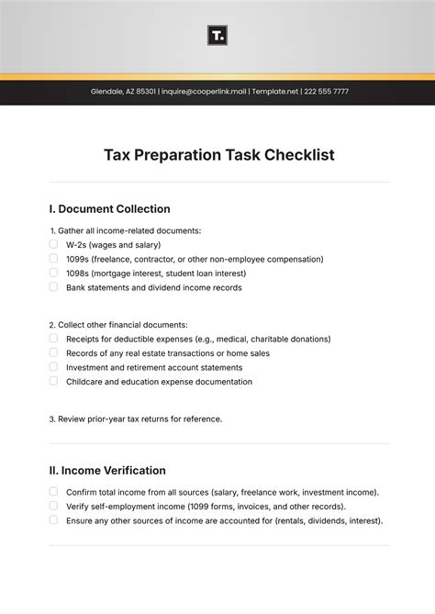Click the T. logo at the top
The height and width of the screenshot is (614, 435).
217,36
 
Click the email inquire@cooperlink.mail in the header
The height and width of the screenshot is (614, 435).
204,92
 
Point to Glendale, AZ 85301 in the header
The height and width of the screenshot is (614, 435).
123,92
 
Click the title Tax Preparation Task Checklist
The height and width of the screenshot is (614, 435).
218,155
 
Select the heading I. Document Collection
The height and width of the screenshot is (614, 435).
109,208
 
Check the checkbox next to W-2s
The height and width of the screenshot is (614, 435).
53,244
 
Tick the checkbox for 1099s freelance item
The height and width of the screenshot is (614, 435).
53,259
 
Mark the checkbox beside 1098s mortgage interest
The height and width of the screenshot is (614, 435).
53,273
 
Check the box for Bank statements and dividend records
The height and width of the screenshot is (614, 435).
53,286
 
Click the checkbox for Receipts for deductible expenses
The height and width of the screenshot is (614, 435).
53,339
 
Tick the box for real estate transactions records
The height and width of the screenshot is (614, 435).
53,352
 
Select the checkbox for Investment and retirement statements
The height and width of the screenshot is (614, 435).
53,366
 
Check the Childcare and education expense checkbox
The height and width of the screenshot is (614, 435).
53,381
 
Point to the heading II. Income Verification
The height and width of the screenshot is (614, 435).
107,471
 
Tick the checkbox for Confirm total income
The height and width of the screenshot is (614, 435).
53,492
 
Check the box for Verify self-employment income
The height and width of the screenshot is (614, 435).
53,506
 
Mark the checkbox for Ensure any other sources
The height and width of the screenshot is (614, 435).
53,519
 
